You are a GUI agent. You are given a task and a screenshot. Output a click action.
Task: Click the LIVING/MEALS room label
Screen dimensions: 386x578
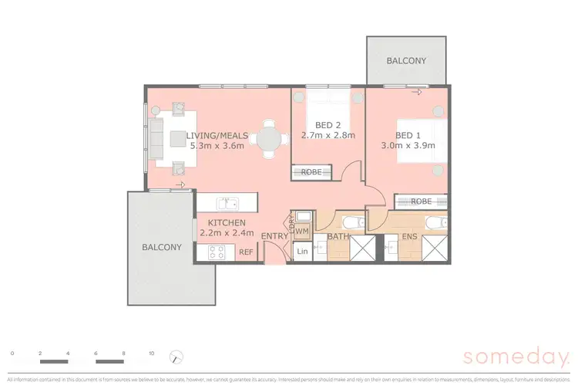[217, 134]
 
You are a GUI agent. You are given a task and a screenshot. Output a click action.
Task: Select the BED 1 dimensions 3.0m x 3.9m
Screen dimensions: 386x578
[408, 144]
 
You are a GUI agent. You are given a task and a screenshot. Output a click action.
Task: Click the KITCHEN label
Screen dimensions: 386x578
[221, 222]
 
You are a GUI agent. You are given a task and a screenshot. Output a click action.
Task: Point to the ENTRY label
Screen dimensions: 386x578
[274, 235]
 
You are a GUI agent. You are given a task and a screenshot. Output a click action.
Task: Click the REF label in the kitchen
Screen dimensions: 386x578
[246, 252]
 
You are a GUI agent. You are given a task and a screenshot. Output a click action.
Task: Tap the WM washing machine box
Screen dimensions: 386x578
[302, 230]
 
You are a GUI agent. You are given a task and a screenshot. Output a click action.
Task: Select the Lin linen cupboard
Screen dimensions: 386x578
[301, 252]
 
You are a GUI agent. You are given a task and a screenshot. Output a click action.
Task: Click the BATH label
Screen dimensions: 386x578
[338, 235]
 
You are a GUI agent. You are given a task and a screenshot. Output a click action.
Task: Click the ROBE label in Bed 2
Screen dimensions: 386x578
[311, 172]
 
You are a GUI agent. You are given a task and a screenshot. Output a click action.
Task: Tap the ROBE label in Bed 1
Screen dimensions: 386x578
[421, 201]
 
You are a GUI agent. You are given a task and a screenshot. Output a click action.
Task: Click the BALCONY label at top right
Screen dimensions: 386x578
[405, 60]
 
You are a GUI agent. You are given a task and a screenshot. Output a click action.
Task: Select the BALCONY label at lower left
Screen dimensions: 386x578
[161, 247]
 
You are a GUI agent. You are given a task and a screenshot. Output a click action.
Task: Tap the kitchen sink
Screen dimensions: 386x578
[227, 204]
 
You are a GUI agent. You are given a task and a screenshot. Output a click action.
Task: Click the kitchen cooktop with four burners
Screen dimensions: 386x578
[216, 252]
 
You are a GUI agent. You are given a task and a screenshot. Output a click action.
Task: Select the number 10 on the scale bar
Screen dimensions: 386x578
[151, 353]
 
